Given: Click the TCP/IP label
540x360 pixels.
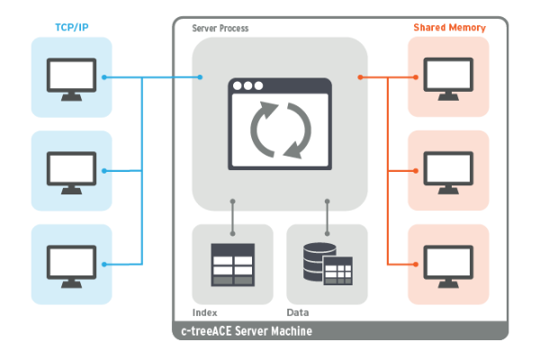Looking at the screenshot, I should (x=71, y=28).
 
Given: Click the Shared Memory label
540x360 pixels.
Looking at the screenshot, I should (x=450, y=28).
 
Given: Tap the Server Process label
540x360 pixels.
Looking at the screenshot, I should (x=220, y=29).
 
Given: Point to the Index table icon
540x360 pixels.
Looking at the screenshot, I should (x=232, y=264).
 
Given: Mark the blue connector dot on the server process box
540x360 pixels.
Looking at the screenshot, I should (x=199, y=77).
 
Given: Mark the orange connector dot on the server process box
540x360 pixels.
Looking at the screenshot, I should (x=361, y=77).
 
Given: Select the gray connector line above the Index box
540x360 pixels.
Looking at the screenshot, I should (x=232, y=212).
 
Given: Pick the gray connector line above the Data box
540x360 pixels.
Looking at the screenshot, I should (x=327, y=212).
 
